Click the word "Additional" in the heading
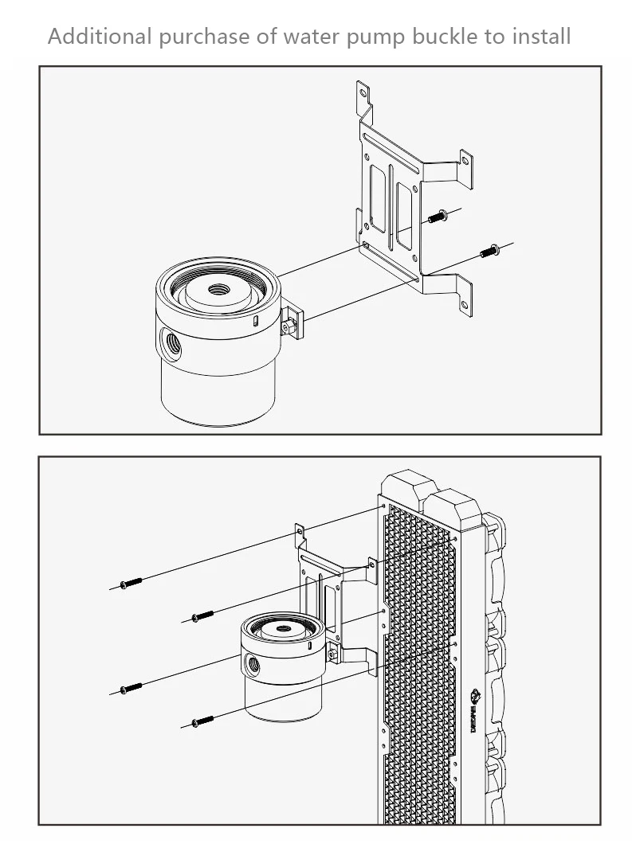(99, 36)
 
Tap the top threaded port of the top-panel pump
(217, 290)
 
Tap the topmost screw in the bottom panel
(130, 584)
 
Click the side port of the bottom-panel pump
(253, 661)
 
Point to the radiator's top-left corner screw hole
(383, 504)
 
